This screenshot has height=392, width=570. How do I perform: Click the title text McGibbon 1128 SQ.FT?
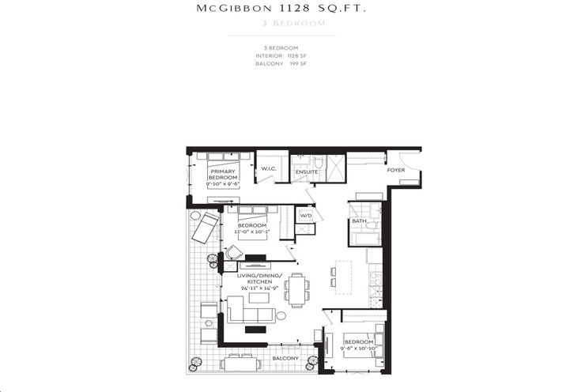click(282, 9)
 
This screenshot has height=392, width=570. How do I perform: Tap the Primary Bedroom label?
click(223, 175)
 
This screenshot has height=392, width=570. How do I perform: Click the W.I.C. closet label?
click(269, 168)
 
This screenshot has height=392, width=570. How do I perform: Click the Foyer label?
click(396, 170)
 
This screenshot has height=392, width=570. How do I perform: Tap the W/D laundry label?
click(305, 214)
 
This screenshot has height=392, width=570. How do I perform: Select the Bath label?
click(358, 222)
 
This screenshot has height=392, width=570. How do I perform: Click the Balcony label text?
click(286, 358)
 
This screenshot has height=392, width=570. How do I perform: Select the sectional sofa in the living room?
click(245, 310)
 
